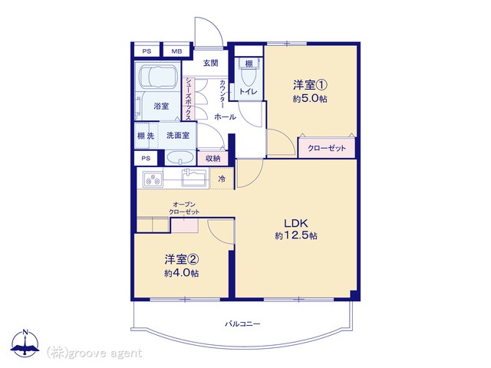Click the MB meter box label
176,51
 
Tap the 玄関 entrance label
211,63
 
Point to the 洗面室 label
177,136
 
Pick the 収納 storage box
213,159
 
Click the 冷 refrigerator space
222,179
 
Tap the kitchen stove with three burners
153,179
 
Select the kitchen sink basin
194,178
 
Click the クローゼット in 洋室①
327,148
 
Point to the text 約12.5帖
296,235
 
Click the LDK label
296,223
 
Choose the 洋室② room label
182,259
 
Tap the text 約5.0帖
310,99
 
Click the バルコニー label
242,324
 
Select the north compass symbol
25,343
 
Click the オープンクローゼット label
184,208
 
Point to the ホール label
225,117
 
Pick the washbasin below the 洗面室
180,157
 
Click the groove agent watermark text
94,353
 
